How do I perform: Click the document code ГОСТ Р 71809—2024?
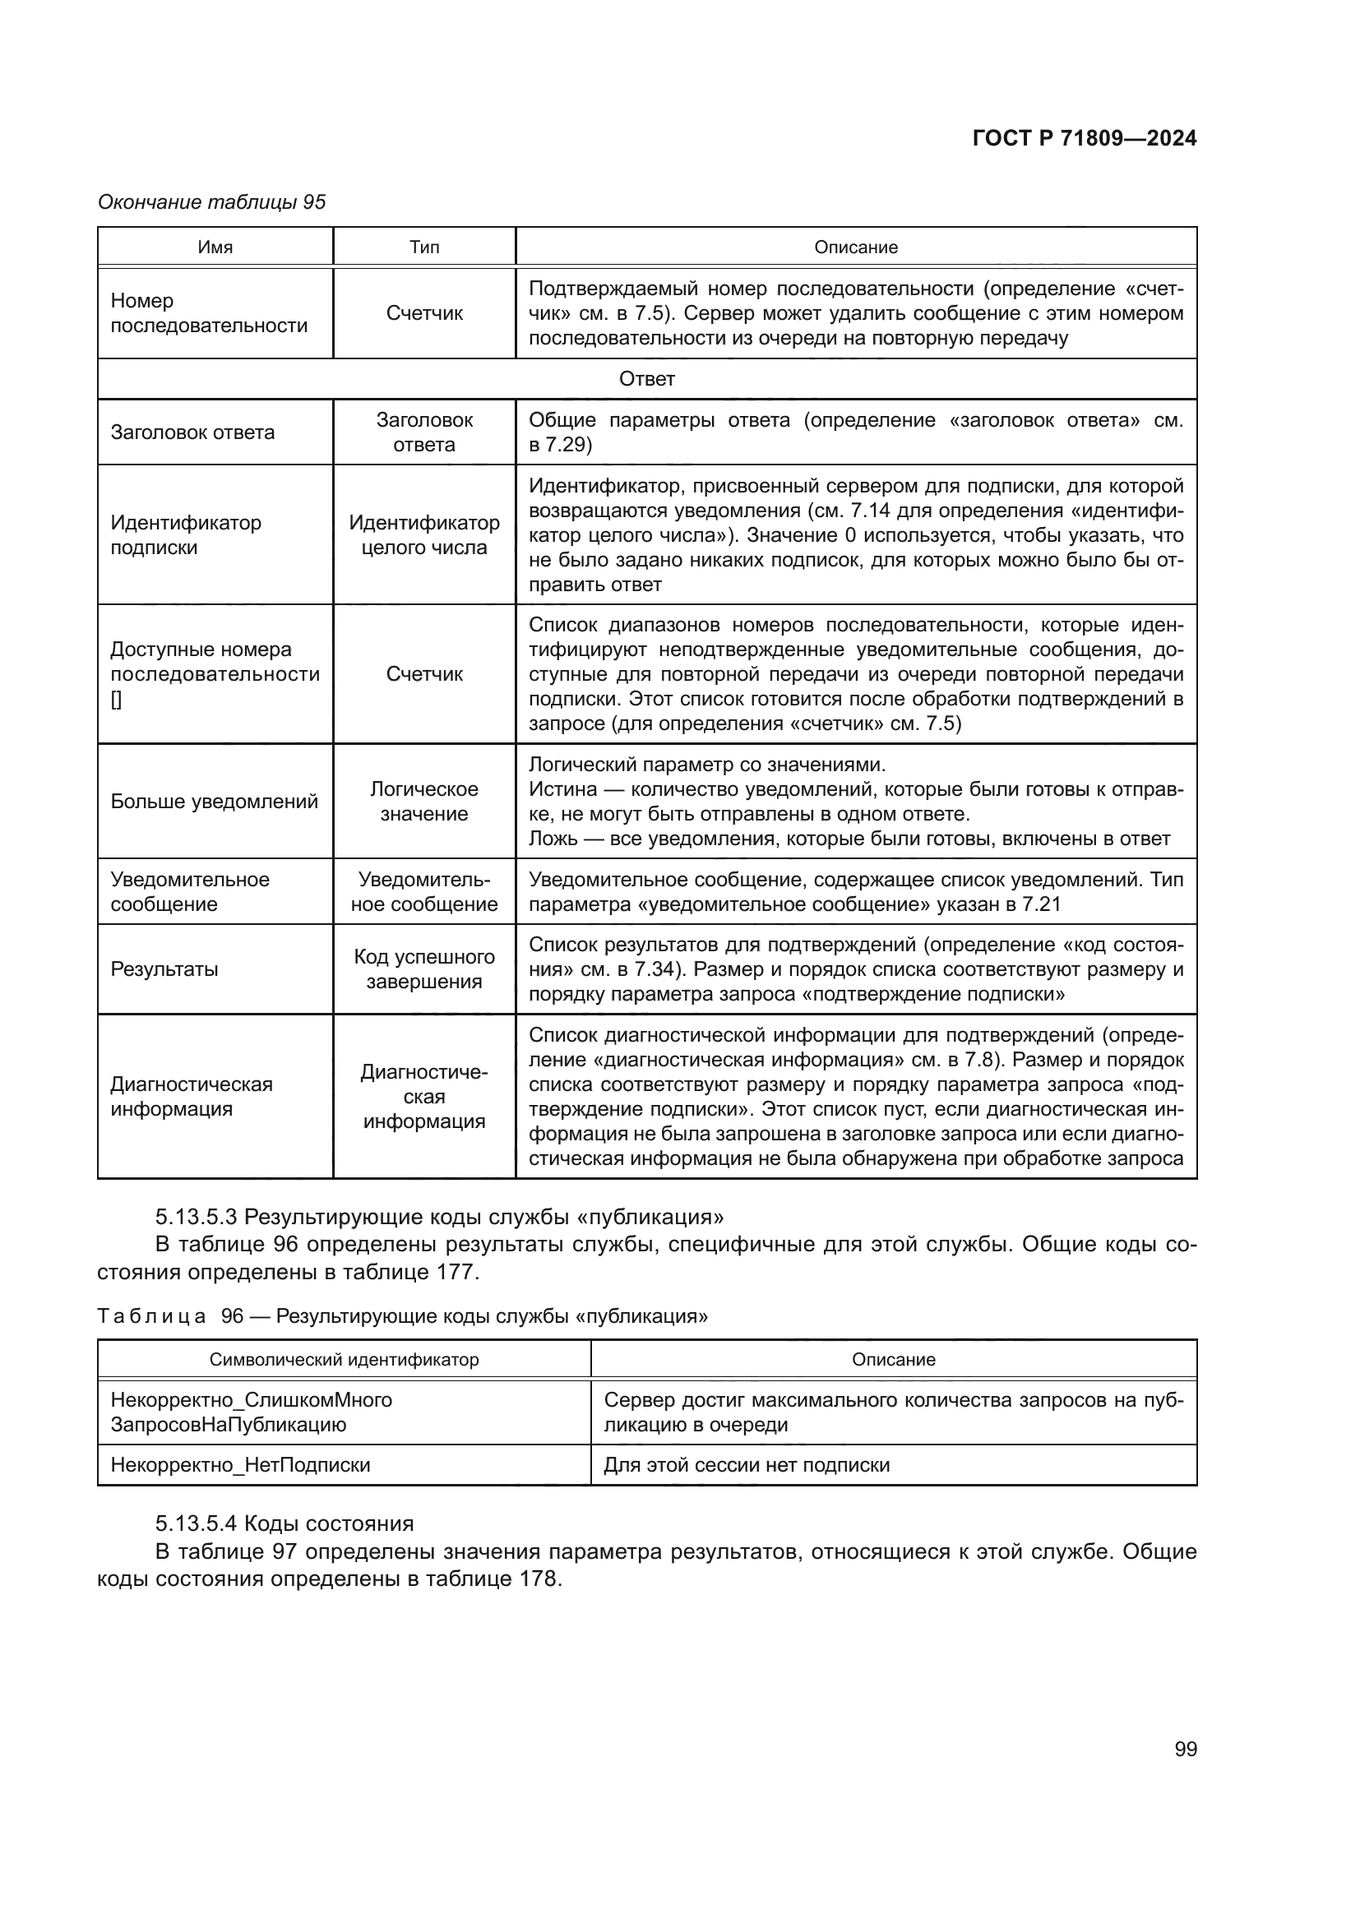coord(1085,139)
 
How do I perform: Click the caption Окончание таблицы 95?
coord(212,202)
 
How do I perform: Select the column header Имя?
coord(215,247)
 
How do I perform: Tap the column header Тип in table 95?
coord(424,247)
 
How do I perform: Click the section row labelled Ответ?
coord(646,379)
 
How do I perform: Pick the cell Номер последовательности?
coord(210,313)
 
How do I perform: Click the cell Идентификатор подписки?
coord(186,534)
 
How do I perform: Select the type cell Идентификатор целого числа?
coord(424,534)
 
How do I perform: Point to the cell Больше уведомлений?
coord(215,802)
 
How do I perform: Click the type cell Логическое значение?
coord(424,802)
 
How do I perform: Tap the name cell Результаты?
coord(164,969)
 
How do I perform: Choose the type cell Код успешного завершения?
coord(424,969)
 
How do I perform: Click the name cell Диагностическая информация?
coord(192,1097)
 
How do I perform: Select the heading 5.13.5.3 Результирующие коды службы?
coord(440,1217)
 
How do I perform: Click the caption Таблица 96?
coord(402,1315)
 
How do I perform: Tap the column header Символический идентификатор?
coord(345,1359)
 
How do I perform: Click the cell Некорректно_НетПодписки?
coord(240,1465)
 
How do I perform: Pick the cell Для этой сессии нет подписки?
coord(747,1465)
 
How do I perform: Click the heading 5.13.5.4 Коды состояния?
coord(284,1523)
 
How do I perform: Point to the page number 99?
coord(1186,1750)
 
